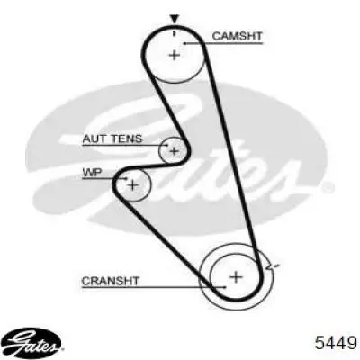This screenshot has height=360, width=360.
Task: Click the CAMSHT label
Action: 237,36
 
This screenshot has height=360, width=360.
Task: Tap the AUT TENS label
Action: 112,139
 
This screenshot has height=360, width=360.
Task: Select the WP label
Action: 92,173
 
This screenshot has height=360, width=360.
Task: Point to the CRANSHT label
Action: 111,281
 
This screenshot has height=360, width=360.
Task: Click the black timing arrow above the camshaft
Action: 175,19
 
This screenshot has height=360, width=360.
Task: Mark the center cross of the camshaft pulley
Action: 175,55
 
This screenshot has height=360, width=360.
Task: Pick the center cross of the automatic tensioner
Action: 174,151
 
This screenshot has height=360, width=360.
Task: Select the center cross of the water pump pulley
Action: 132,185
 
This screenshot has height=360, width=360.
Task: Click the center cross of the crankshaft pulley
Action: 236,276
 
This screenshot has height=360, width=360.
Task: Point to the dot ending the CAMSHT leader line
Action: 184,44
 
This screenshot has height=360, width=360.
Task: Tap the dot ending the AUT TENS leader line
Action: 167,145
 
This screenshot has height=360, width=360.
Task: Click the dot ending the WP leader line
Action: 127,178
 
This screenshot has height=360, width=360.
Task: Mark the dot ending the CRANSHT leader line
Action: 225,287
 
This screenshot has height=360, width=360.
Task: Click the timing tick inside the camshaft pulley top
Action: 174,33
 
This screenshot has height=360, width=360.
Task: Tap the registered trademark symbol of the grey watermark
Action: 328,187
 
